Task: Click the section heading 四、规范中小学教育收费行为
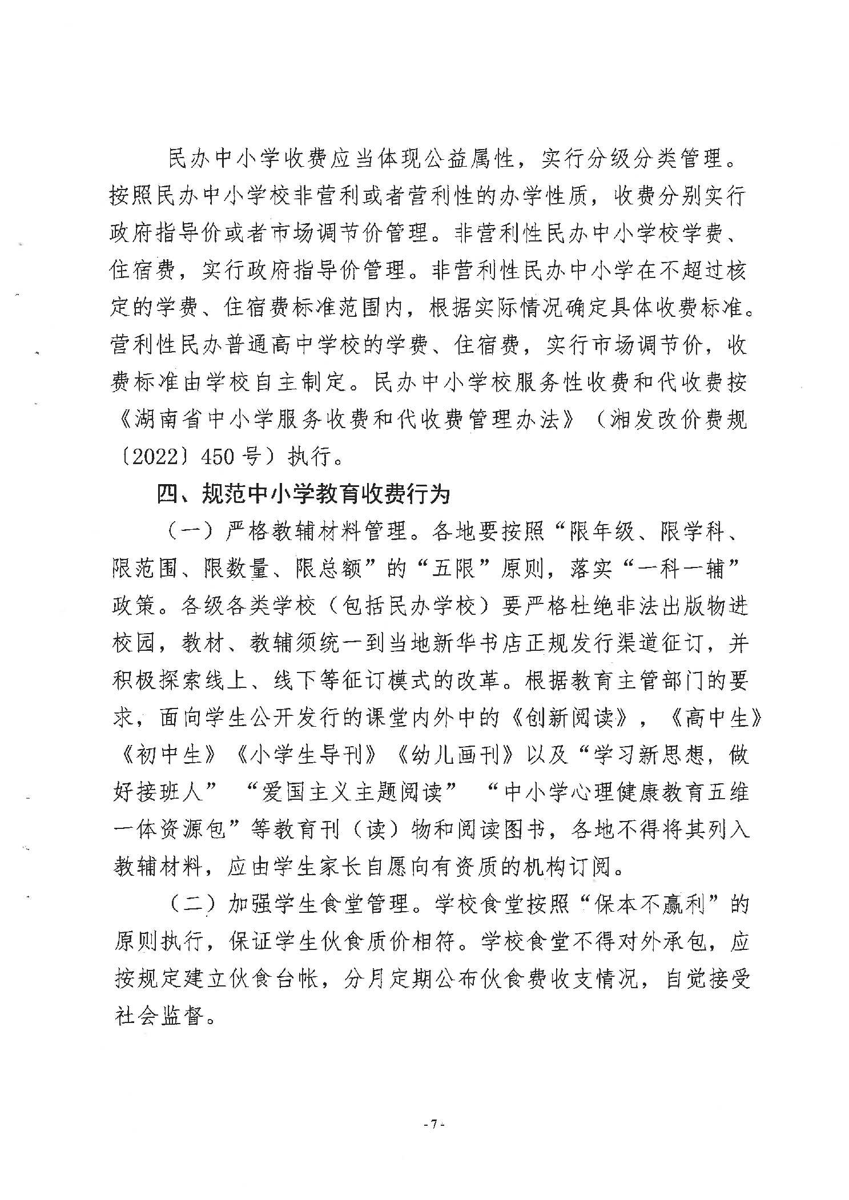pyautogui.click(x=304, y=494)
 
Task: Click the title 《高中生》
pyautogui.click(x=716, y=718)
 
